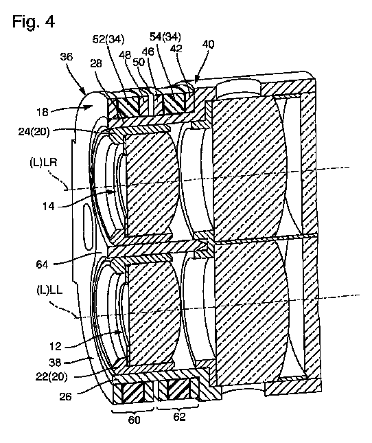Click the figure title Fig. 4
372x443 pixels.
pos(34,21)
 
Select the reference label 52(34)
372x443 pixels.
pos(108,39)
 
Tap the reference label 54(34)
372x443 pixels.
pos(165,36)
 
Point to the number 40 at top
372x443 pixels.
pos(208,44)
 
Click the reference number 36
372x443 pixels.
pos(67,56)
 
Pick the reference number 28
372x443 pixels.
pos(95,63)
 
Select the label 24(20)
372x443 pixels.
pos(34,132)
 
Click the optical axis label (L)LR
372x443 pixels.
pos(43,163)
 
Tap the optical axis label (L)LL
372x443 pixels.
pos(49,291)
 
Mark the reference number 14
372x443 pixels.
pos(48,206)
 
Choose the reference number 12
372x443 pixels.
pos(55,346)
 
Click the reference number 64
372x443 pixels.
pos(42,264)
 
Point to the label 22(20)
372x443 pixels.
pos(51,377)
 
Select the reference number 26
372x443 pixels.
pos(65,397)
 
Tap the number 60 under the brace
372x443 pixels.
pos(134,420)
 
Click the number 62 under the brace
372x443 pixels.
pos(179,417)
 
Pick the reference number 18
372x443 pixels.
pos(43,112)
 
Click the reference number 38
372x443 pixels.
pos(56,362)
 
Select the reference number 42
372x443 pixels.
pos(176,49)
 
